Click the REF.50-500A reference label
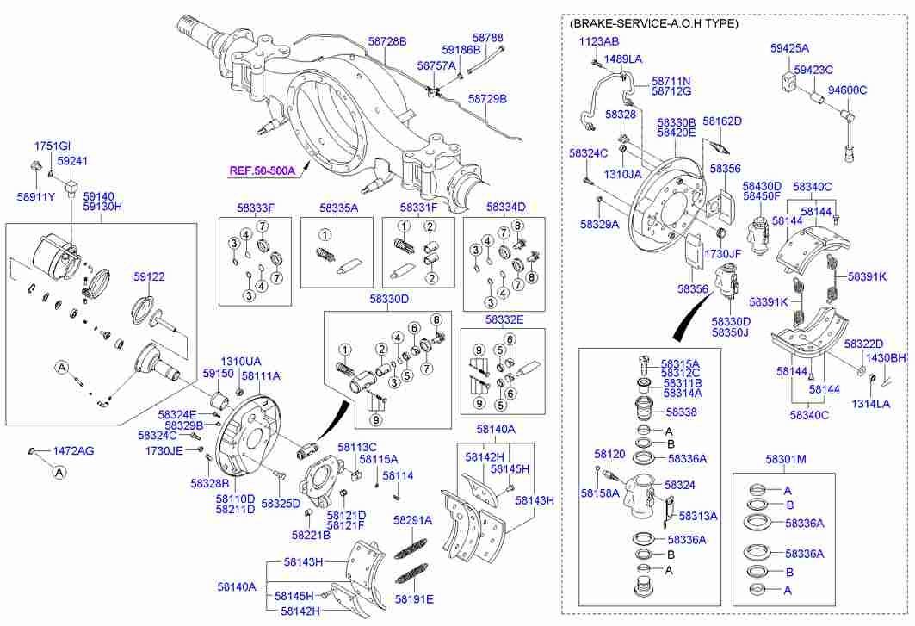262,170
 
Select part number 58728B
386,41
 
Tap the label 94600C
847,90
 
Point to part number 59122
148,276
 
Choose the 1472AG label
74,450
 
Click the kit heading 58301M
786,459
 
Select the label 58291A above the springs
412,520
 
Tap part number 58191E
414,598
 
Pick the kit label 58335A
338,208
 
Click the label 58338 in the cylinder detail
682,412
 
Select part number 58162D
721,121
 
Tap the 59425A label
789,49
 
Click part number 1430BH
886,357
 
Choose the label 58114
398,475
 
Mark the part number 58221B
310,535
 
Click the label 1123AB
598,41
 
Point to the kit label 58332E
504,319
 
